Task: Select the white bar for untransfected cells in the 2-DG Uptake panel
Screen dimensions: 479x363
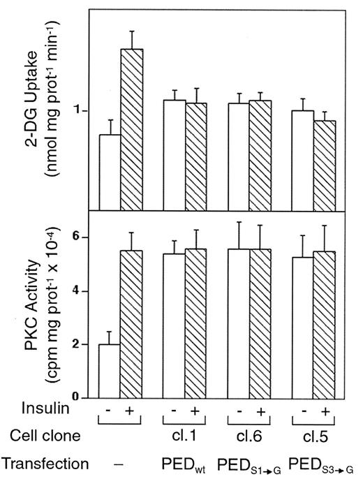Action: [x=110, y=172]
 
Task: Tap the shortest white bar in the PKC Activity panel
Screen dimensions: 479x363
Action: [x=110, y=371]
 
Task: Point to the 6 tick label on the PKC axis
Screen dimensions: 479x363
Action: [x=84, y=237]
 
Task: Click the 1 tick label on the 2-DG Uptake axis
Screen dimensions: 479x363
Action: [x=83, y=111]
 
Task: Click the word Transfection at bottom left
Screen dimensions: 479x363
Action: [x=45, y=463]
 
